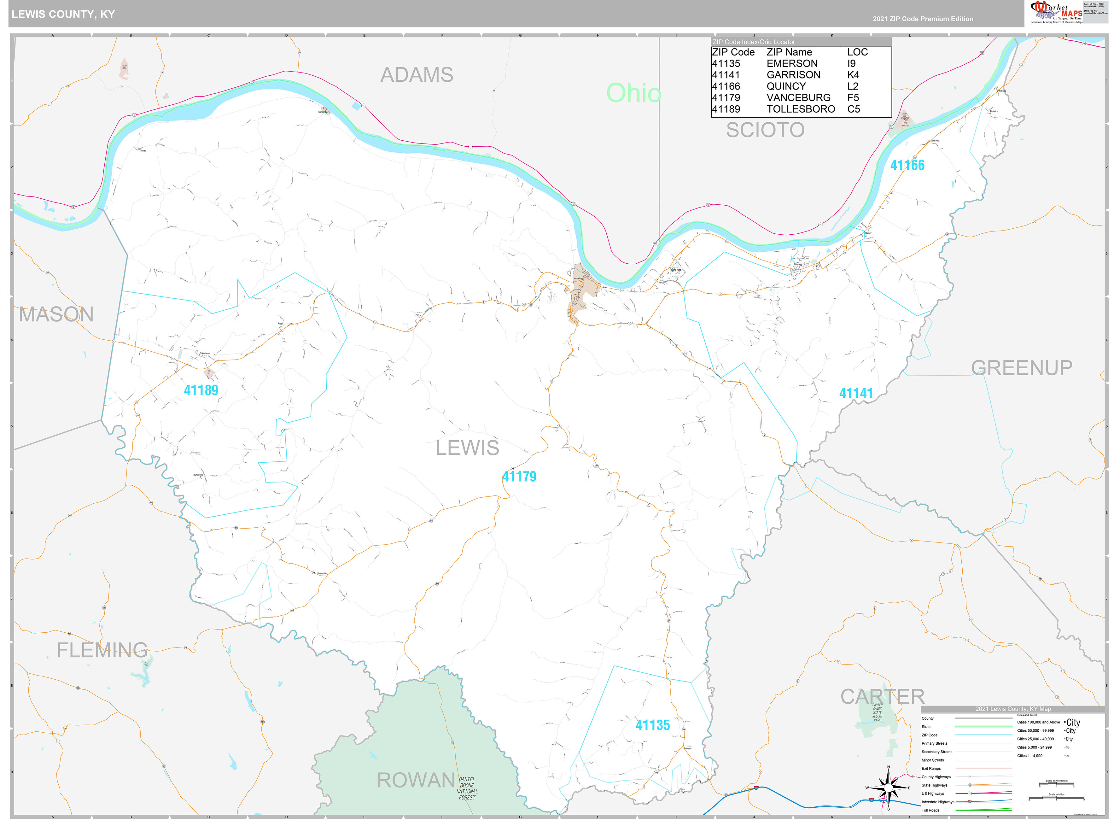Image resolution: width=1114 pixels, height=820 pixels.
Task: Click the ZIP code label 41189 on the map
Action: pos(201,390)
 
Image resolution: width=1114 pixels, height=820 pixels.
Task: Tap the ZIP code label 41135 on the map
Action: pos(652,725)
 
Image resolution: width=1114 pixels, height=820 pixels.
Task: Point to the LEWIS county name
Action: pos(467,448)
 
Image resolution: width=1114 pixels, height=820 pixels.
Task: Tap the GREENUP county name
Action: pos(1021,368)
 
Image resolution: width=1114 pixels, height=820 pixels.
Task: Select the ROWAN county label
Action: pos(416,780)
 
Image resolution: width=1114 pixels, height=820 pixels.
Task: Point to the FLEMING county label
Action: pos(102,650)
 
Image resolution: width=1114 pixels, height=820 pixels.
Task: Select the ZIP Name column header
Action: pos(789,52)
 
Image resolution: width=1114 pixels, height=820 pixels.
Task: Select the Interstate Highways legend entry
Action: pos(938,802)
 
